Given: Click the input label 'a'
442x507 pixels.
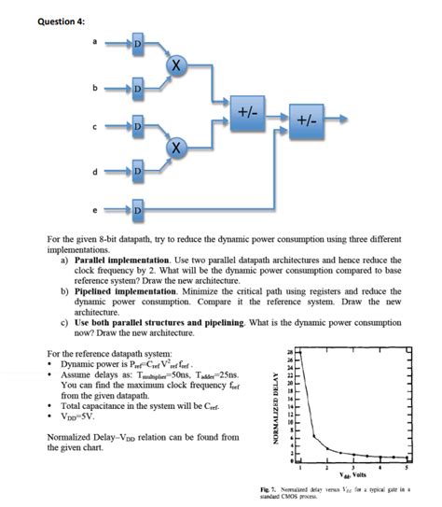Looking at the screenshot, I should coord(94,42).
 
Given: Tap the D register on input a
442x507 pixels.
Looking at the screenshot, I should coord(138,45).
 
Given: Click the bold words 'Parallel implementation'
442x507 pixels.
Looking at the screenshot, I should coord(120,261).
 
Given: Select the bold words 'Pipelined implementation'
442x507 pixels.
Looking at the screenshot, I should coord(122,291).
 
